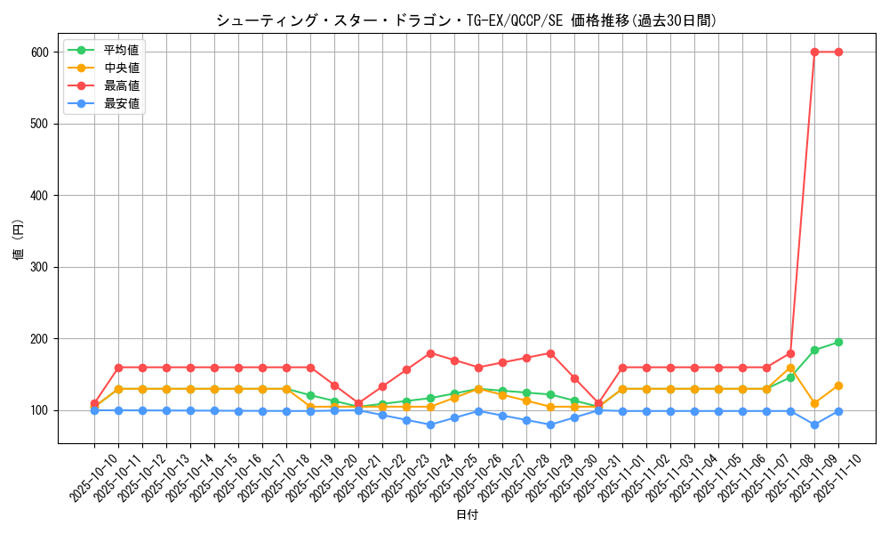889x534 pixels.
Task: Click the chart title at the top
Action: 466,20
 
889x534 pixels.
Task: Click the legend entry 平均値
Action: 122,50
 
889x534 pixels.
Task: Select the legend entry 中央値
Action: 122,68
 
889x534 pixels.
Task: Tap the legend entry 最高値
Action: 122,85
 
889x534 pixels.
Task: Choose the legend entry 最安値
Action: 122,103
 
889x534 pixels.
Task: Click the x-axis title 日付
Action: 466,515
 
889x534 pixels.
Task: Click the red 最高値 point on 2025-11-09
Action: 814,52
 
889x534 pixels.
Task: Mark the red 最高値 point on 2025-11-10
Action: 838,52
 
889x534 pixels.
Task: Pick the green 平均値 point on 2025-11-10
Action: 838,342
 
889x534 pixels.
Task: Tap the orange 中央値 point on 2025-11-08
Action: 790,368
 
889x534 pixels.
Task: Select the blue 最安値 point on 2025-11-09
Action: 814,425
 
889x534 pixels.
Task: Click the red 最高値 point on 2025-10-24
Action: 430,353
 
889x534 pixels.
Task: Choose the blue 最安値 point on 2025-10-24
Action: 430,425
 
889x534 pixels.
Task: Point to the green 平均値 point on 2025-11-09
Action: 814,350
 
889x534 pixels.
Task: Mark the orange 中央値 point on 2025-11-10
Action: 838,385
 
